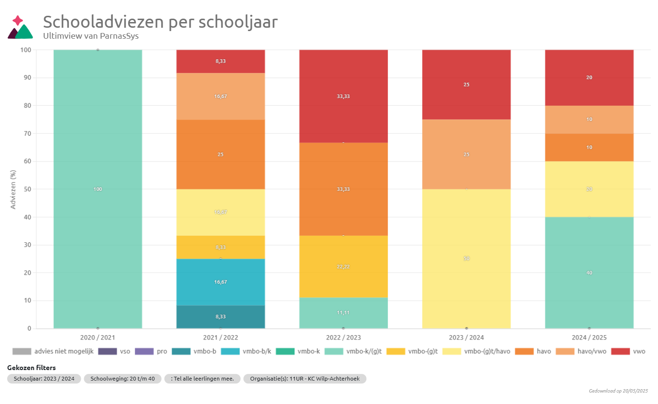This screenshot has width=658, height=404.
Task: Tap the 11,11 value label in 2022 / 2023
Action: tap(343, 313)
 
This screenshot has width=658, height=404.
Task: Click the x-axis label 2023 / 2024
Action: tap(466, 338)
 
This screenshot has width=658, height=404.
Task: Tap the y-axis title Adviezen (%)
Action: tap(13, 189)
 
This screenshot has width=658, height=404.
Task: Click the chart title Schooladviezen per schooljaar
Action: tap(160, 22)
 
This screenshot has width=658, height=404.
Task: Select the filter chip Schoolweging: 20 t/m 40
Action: tap(122, 379)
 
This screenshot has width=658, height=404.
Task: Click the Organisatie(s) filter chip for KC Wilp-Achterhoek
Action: tap(305, 379)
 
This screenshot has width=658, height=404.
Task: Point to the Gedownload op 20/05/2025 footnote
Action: tap(618, 391)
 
